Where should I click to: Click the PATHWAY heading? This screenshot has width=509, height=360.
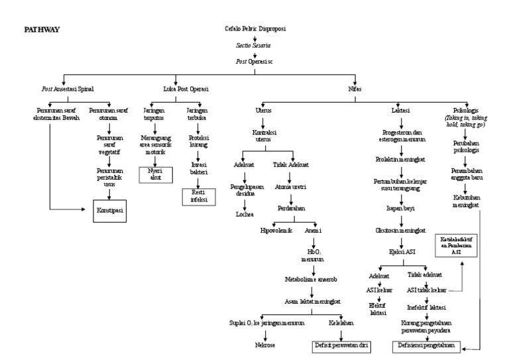42,30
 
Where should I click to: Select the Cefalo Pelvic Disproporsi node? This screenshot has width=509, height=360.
255,30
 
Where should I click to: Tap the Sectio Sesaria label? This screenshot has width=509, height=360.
255,46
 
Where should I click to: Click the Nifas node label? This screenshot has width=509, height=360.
355,88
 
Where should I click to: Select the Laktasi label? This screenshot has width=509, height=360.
400,110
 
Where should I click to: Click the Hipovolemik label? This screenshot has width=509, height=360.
276,231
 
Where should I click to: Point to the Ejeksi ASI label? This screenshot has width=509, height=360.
400,252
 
